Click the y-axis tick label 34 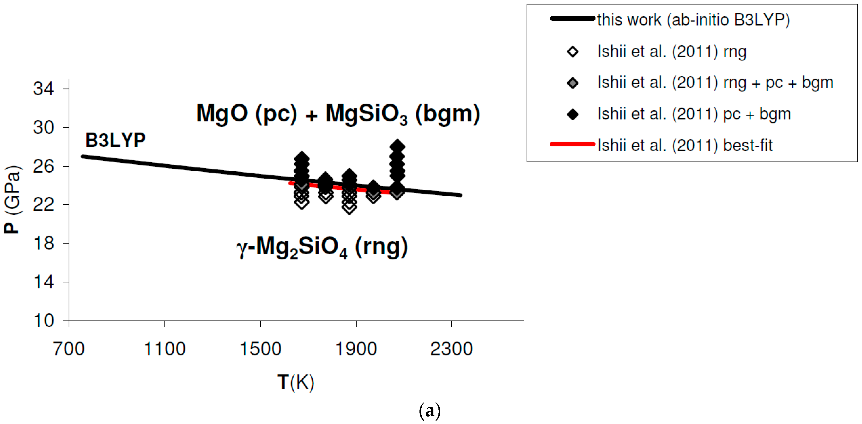pyautogui.click(x=43, y=89)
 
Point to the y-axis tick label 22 pyautogui.click(x=43, y=204)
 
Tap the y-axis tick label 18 pyautogui.click(x=43, y=243)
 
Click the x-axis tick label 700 pyautogui.click(x=69, y=349)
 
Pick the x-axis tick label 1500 pyautogui.click(x=260, y=349)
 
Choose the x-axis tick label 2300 pyautogui.click(x=451, y=349)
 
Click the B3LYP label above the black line pyautogui.click(x=115, y=140)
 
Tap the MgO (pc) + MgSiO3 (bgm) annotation pyautogui.click(x=338, y=114)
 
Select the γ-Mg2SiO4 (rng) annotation pyautogui.click(x=322, y=247)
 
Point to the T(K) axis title pyautogui.click(x=296, y=382)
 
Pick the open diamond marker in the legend pyautogui.click(x=573, y=52)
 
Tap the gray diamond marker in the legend pyautogui.click(x=573, y=83)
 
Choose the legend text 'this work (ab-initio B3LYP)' pyautogui.click(x=693, y=20)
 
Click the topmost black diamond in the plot pyautogui.click(x=397, y=146)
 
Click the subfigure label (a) pyautogui.click(x=430, y=410)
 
